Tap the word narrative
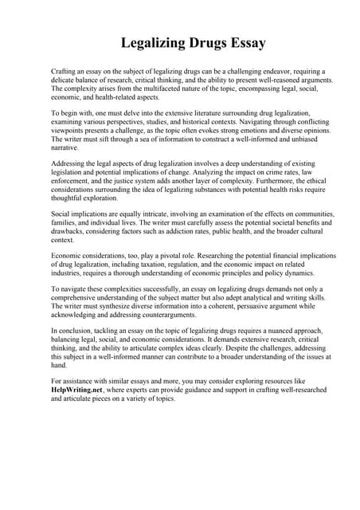(64, 147)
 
